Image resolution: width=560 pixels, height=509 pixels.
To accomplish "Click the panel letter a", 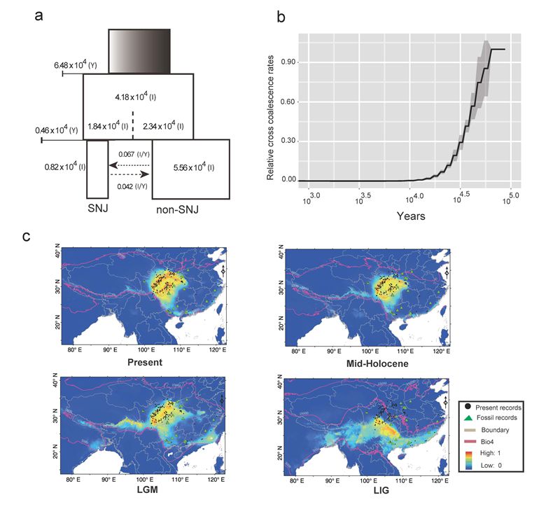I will coord(41,16).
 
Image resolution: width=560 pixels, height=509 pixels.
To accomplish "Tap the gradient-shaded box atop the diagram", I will coord(139,51).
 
